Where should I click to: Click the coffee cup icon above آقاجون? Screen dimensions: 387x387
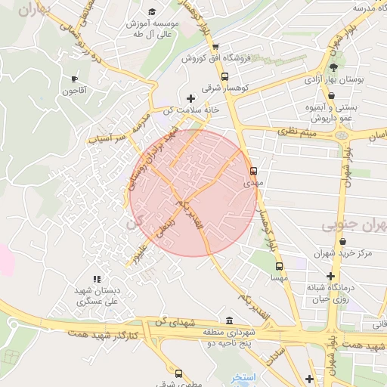[x=74, y=79]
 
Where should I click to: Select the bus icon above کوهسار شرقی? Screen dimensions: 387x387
[x=224, y=76]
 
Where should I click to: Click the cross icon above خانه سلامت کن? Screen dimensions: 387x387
[x=190, y=98]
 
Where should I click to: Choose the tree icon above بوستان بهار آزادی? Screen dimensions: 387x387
[x=333, y=67]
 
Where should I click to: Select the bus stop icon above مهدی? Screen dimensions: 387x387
[x=253, y=171]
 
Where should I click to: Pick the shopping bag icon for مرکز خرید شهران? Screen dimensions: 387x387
[x=344, y=242]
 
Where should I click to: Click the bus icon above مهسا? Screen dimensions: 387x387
[x=279, y=267]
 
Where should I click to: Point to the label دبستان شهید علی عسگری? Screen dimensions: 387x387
[x=98, y=296]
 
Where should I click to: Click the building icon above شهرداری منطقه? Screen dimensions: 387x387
[x=230, y=319]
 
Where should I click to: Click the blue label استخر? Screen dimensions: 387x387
[x=244, y=376]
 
